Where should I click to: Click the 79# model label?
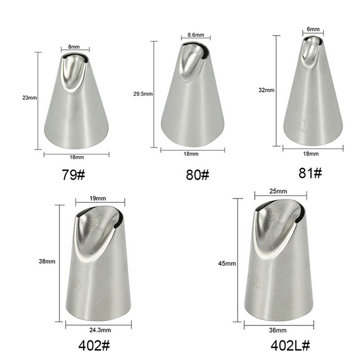point(73,175)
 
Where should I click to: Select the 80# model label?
point(198,175)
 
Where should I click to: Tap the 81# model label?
point(310,173)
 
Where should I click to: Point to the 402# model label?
point(94,346)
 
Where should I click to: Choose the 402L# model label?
point(290,345)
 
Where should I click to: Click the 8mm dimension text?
point(74,47)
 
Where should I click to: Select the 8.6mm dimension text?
point(196,35)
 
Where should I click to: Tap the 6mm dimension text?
point(313,29)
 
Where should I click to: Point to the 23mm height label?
point(29,98)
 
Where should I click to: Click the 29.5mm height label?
point(143,94)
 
